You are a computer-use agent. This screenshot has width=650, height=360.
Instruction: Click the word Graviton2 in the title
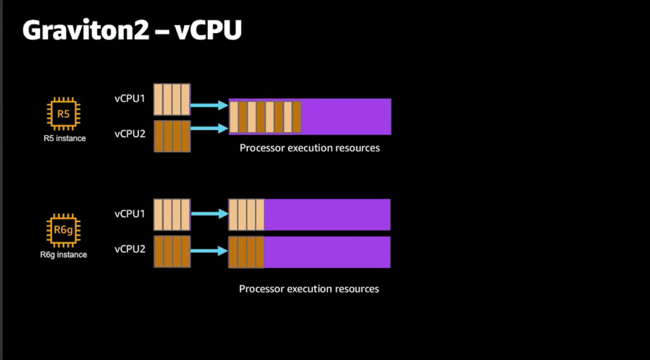tap(85, 30)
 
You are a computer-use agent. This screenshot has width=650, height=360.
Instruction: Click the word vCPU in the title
tap(208, 30)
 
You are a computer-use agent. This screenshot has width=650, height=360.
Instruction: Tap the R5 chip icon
tap(64, 114)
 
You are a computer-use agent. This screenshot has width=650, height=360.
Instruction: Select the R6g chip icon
tap(64, 230)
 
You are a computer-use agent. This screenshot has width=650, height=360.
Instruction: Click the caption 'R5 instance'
tap(65, 138)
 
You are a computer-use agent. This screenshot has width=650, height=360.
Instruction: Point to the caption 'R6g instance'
tap(64, 255)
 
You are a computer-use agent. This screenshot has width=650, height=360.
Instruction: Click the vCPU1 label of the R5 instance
tap(130, 99)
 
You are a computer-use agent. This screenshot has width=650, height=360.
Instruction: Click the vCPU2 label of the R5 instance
tap(130, 134)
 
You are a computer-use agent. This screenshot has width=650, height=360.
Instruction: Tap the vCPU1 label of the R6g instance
tap(130, 214)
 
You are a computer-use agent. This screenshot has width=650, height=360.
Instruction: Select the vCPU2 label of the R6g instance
tap(130, 249)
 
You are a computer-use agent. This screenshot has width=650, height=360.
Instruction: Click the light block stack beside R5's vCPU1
tap(172, 99)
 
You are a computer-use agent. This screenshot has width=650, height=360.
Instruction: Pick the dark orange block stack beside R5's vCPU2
tap(172, 136)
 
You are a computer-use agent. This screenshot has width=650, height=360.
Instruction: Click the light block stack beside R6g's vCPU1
tap(172, 215)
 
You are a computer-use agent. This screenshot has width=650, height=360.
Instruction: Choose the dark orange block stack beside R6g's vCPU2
tap(172, 252)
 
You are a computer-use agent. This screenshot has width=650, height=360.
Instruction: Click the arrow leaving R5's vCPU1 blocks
tap(209, 105)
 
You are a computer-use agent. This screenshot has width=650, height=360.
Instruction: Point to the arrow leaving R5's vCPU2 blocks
tap(209, 129)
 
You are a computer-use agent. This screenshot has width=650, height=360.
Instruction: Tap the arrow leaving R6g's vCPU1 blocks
tap(209, 214)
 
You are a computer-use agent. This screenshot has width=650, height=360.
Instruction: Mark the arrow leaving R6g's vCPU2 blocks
tap(209, 250)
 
